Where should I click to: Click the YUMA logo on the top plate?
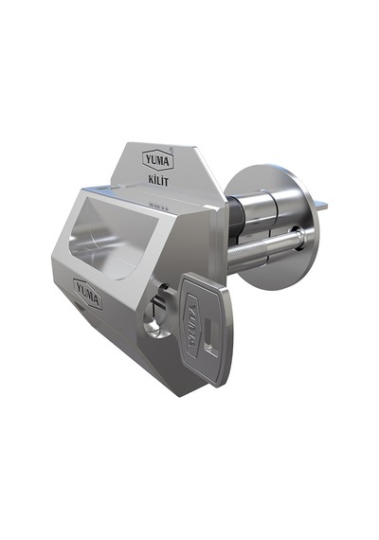tap(158, 160)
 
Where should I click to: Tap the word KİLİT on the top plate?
tap(158, 180)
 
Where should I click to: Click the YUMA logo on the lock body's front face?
tap(88, 294)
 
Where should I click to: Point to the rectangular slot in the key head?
tap(210, 337)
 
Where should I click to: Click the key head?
tap(206, 329)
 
